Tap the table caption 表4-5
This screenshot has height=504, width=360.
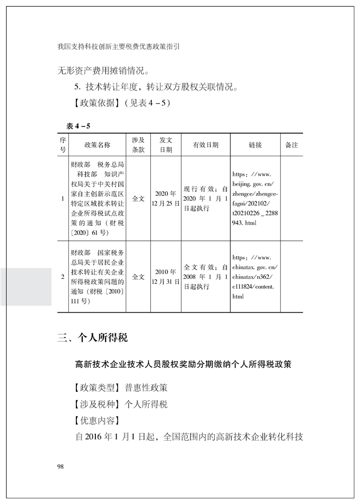tap(78, 126)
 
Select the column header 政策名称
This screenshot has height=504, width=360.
tap(97, 145)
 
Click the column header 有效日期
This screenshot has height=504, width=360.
tap(205, 145)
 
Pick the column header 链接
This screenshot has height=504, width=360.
tap(255, 145)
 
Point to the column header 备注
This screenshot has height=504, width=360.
tap(292, 145)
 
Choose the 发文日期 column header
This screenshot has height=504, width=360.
tap(166, 145)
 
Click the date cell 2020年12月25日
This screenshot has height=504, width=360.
tap(166, 199)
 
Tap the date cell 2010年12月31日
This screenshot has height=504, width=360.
tap(166, 276)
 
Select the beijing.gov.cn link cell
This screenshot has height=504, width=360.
tap(255, 199)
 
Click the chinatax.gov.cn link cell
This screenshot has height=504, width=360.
tap(255, 276)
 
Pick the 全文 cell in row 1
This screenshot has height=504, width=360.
tap(138, 199)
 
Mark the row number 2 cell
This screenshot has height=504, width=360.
tap(63, 276)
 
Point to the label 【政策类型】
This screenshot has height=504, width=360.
tap(90, 388)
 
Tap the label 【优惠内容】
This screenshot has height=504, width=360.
tap(90, 420)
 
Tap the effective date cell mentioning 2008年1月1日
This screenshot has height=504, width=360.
tap(205, 276)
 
